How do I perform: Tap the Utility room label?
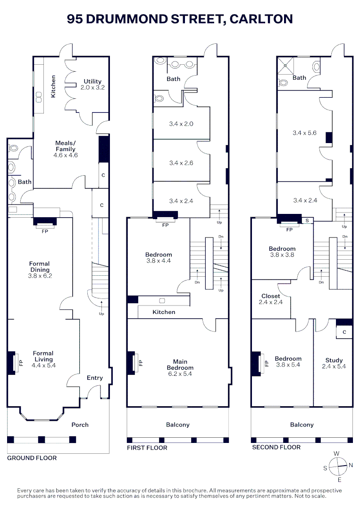[x=92, y=85]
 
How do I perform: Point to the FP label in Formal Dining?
[x=45, y=231]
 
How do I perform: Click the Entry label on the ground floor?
[x=95, y=378]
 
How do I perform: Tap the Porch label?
[x=80, y=425]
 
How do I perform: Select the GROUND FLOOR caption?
[x=32, y=458]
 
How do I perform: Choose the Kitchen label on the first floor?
[x=164, y=312]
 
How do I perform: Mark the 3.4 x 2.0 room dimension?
[x=181, y=124]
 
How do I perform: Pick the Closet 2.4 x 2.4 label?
[x=270, y=299]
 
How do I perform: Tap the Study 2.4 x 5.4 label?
[x=334, y=363]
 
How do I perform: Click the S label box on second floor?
[x=307, y=220]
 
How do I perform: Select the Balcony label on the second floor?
[x=301, y=425]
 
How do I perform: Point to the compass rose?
[x=337, y=467]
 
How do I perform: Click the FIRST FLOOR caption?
[x=147, y=448]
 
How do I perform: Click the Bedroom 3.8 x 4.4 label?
[x=159, y=257]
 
